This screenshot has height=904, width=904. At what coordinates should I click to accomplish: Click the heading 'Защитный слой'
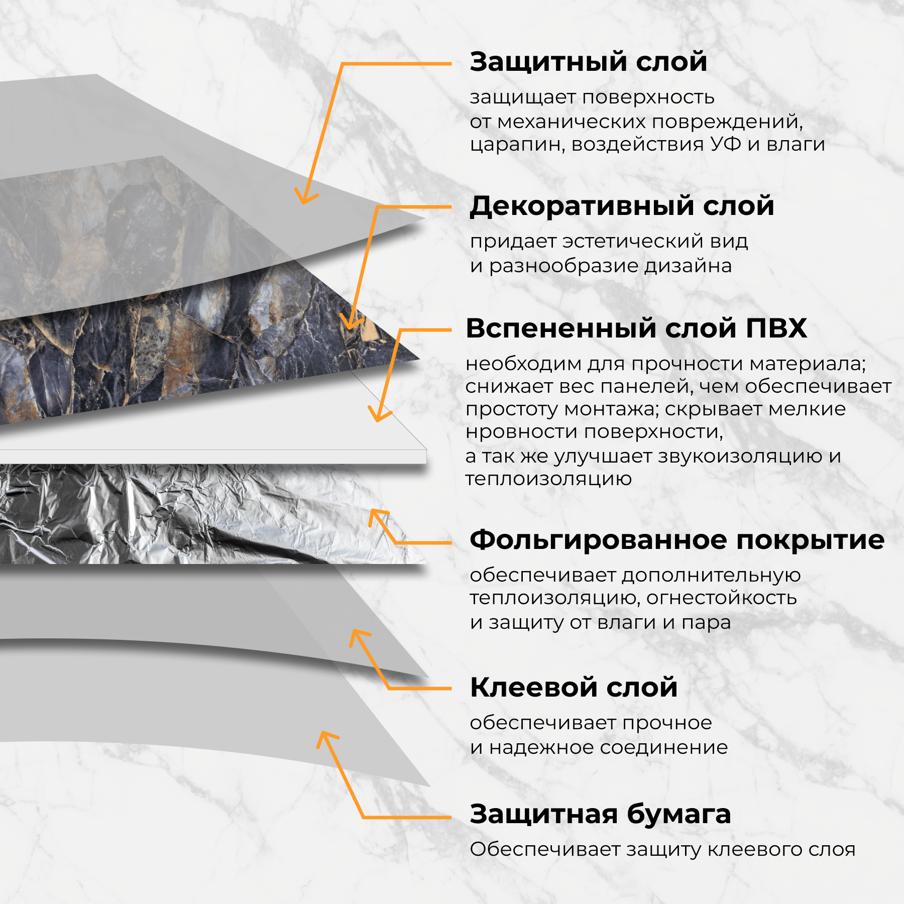point(588,62)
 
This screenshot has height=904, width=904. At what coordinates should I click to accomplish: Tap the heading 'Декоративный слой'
point(622,206)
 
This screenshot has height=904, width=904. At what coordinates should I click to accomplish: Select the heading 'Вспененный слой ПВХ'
point(636,328)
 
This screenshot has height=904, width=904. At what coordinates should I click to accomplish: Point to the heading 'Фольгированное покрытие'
point(676,540)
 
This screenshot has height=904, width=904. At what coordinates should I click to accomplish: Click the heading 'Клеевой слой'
point(574,688)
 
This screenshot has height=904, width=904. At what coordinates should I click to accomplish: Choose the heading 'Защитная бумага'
point(600,814)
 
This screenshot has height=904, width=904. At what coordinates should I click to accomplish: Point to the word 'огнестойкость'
point(721,598)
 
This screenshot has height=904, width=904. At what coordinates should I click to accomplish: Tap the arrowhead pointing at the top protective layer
point(303,199)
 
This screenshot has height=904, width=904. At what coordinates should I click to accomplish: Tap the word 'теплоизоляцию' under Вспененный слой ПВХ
point(548,479)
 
